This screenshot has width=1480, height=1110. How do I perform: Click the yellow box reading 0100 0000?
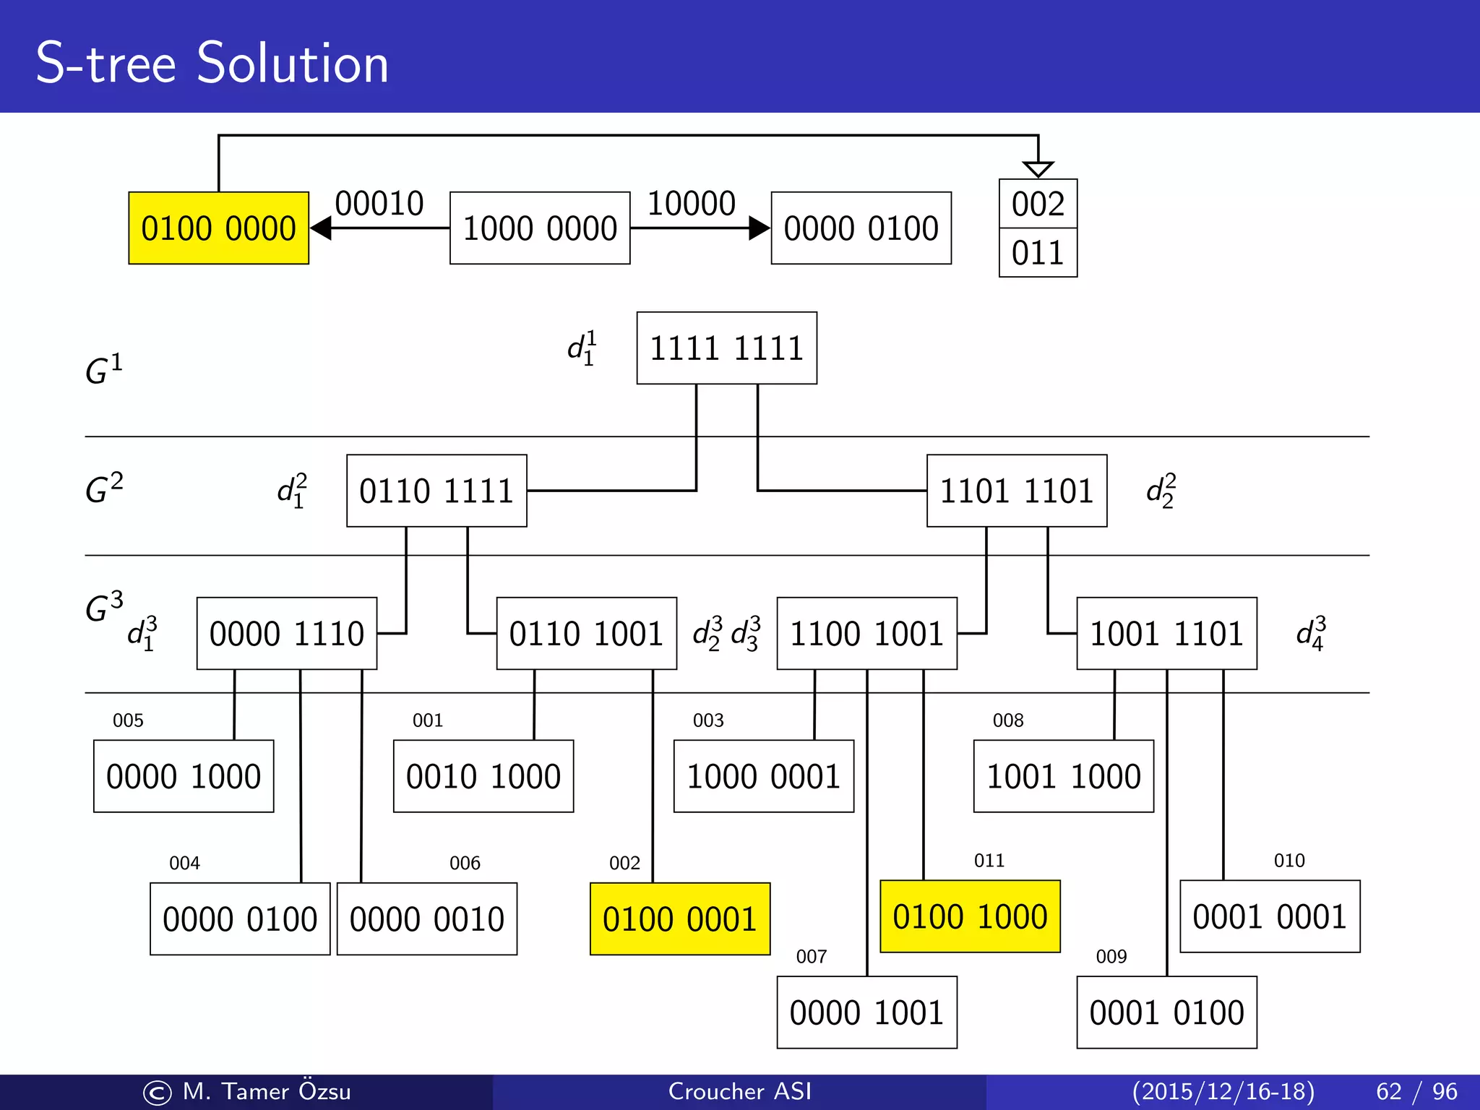(218, 228)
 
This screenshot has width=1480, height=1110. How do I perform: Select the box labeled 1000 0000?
(540, 228)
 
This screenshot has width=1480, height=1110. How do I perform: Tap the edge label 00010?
(379, 204)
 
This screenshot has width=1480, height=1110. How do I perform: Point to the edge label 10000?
(691, 204)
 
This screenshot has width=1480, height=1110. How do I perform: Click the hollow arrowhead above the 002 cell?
(1038, 169)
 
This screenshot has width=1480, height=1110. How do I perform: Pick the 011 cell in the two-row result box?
(1038, 253)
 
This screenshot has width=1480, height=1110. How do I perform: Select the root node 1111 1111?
(726, 348)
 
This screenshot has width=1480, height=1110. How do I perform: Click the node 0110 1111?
(436, 491)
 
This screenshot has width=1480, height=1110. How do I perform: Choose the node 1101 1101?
(1017, 491)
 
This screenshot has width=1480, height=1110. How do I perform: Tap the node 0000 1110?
(287, 634)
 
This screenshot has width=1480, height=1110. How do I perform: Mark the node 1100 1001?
(866, 634)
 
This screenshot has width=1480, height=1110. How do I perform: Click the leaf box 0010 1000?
(483, 776)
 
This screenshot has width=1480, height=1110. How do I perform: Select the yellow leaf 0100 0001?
(680, 919)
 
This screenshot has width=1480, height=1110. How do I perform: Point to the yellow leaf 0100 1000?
(970, 916)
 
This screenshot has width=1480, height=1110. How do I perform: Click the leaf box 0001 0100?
(1166, 1012)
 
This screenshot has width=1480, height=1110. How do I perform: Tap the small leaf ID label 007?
(811, 957)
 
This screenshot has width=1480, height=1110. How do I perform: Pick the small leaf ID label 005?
(128, 720)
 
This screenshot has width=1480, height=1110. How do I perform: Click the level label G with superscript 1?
(104, 369)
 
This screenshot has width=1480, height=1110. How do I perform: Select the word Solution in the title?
(293, 64)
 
